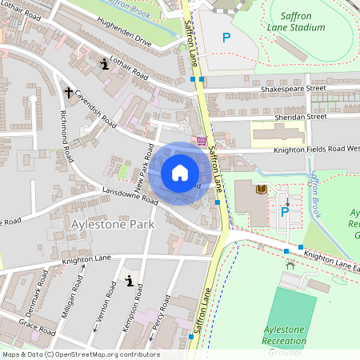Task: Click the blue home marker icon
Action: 179,173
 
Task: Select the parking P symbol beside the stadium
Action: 226,38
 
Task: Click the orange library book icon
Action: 260,190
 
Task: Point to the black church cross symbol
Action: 68,93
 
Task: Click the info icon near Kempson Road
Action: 129,281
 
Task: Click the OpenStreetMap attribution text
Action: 80,354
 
